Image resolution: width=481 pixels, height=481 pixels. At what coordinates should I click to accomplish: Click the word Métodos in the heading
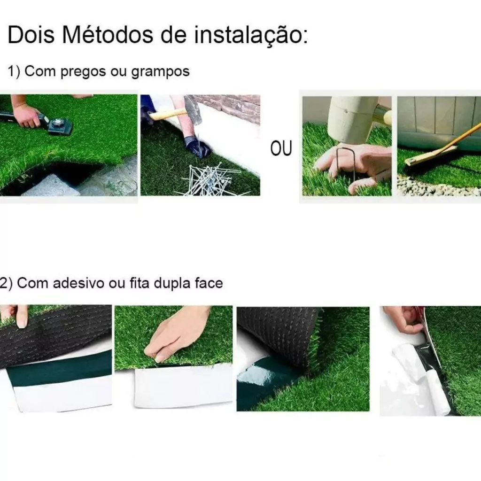click(108, 35)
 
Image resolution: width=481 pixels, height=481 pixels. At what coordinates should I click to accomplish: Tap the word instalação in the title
click(251, 36)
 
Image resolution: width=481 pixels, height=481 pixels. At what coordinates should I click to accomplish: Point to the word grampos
click(161, 72)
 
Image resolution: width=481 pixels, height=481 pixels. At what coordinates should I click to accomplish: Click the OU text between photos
click(281, 148)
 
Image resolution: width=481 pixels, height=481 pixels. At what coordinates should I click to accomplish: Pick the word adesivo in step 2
click(78, 283)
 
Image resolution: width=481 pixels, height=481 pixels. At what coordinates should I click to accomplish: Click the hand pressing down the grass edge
click(178, 334)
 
